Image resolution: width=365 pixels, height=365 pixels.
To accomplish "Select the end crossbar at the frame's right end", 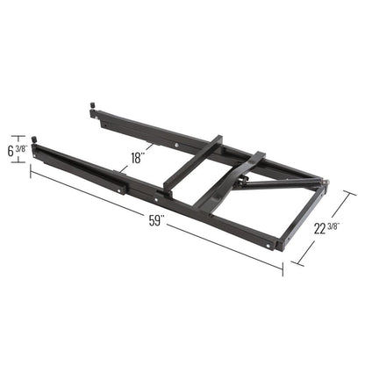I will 303,214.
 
